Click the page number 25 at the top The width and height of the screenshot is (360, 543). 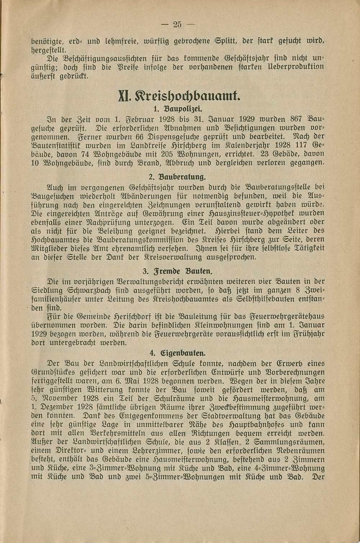[x=177, y=24]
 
